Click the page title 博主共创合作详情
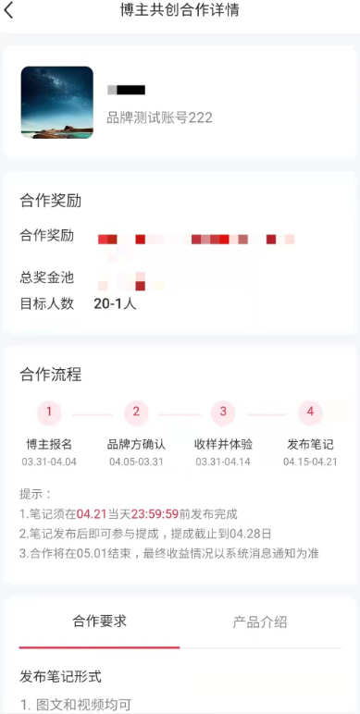click(180, 12)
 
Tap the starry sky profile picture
click(56, 103)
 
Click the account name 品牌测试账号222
click(159, 117)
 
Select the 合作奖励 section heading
click(51, 201)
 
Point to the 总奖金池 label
click(46, 277)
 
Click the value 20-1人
click(115, 303)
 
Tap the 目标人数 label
click(46, 303)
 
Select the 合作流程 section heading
click(51, 375)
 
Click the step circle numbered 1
click(49, 412)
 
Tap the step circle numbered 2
click(136, 412)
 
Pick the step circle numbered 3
click(223, 412)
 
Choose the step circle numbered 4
click(310, 412)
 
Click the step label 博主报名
click(49, 444)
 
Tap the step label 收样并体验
click(223, 444)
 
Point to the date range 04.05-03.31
click(136, 462)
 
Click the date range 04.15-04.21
click(310, 462)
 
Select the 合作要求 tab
click(100, 622)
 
